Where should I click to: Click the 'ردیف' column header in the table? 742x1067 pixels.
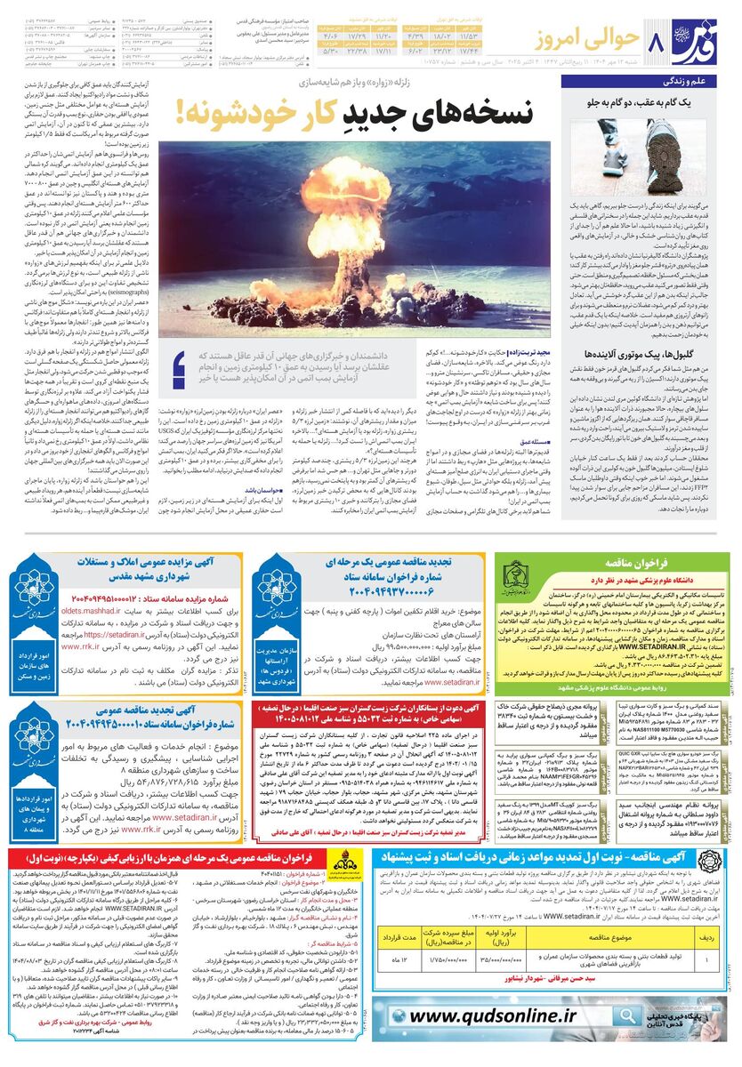coord(705,933)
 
